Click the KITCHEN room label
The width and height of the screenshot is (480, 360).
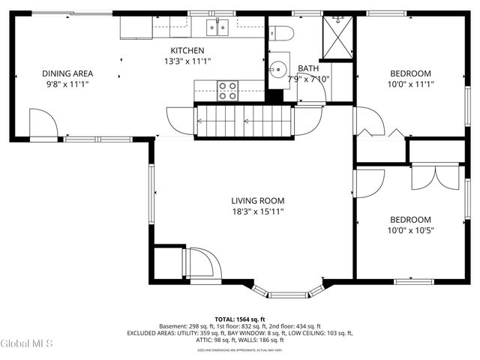click(187, 50)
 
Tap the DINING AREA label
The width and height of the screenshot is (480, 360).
click(67, 73)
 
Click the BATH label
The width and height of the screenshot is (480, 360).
click(308, 68)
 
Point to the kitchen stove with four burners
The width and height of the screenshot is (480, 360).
click(228, 91)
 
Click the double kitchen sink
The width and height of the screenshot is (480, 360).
click(218, 28)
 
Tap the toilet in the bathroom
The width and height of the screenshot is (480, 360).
click(281, 32)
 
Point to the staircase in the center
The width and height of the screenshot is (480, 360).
click(243, 120)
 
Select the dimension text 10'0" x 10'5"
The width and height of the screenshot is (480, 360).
click(410, 230)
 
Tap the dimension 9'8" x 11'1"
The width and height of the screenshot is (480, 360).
click(67, 85)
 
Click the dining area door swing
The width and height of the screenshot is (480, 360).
click(42, 124)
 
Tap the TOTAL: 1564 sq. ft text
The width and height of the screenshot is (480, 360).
click(239, 319)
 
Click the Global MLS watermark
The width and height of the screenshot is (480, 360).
click(27, 343)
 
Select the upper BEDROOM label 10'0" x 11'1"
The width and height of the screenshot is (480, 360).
click(410, 79)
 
